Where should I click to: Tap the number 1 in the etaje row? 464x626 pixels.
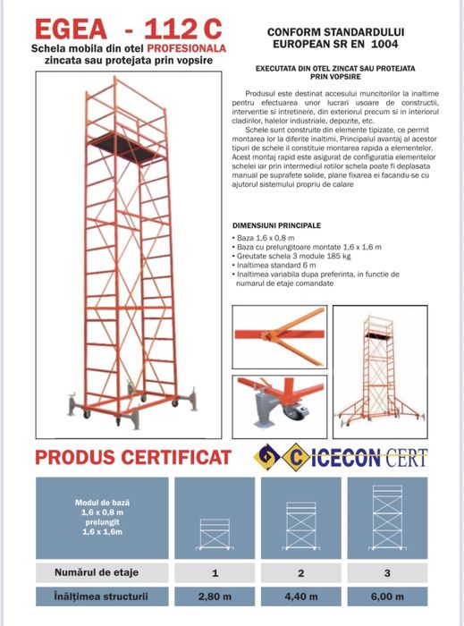pos(215,571)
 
